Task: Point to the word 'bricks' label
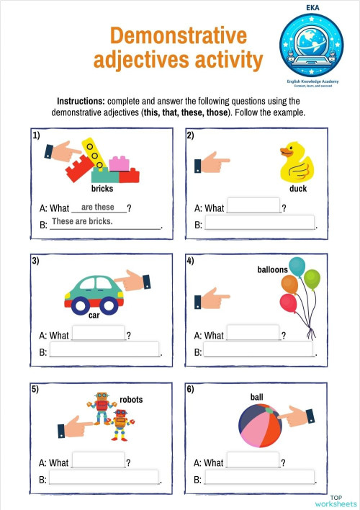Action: (102, 189)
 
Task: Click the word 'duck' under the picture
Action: (297, 189)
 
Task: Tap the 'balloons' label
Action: (272, 270)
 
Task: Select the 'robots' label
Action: (131, 398)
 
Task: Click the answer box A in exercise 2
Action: (253, 206)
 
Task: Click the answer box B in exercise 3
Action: (104, 350)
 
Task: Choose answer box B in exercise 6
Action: (260, 477)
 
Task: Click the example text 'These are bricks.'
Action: (82, 221)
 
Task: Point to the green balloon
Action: (312, 278)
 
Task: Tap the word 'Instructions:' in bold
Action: (82, 102)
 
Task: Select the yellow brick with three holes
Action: (94, 153)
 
